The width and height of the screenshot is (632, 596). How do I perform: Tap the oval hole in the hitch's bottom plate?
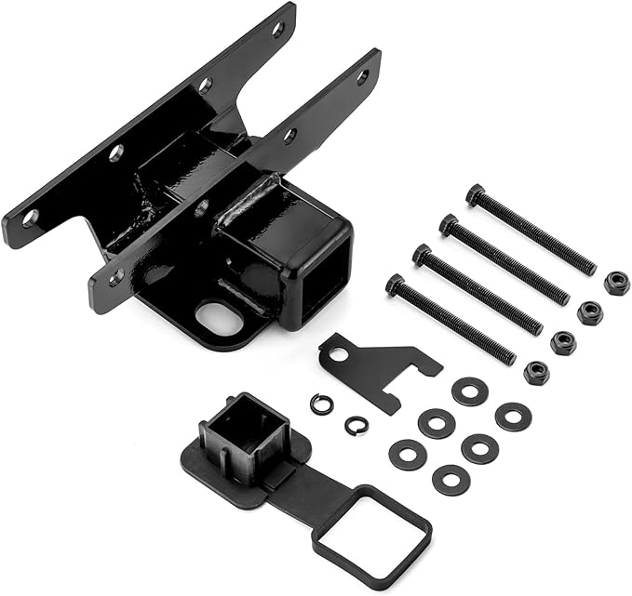[221, 319]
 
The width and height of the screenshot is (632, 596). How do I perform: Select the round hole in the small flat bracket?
[339, 354]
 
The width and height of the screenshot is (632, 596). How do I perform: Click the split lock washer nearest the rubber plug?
[321, 404]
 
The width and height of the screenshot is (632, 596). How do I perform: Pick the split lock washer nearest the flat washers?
[356, 425]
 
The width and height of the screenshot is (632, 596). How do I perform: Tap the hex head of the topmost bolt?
[476, 194]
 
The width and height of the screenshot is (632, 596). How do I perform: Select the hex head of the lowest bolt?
[396, 285]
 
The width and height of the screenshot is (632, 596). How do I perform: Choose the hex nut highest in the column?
[616, 283]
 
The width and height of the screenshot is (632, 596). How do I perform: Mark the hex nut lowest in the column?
[535, 373]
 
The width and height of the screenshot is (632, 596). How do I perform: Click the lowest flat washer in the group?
[450, 480]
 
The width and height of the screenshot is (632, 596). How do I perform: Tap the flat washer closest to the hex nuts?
[513, 416]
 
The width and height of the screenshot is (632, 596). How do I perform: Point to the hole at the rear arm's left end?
[31, 218]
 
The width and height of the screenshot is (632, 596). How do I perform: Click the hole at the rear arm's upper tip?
[277, 29]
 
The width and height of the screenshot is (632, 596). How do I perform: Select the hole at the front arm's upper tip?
[362, 77]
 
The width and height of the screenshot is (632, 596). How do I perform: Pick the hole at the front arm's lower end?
[115, 276]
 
